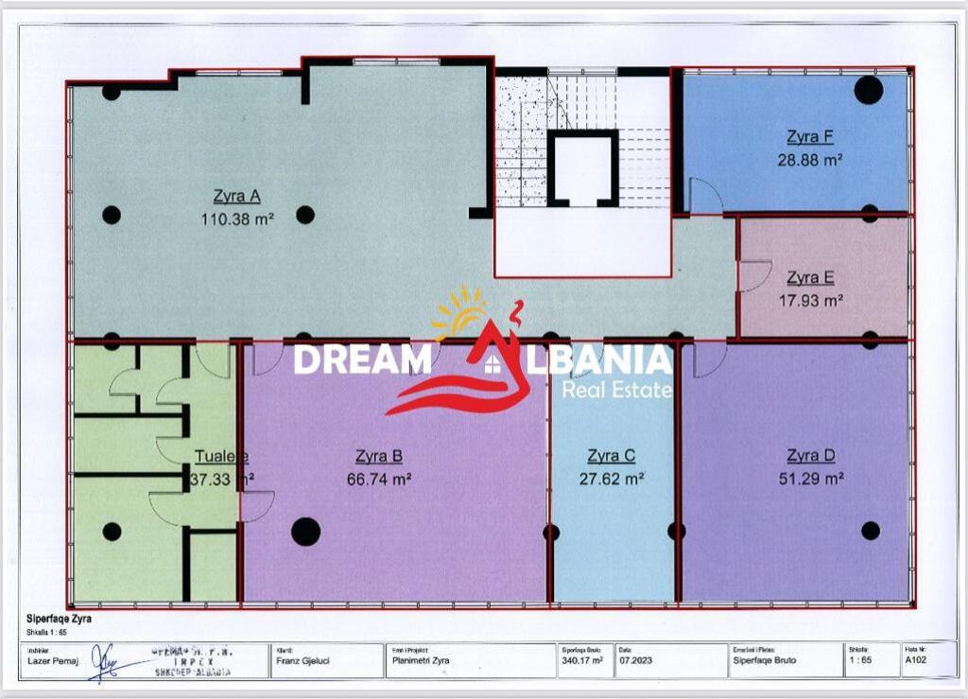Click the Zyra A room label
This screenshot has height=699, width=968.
(x=236, y=197)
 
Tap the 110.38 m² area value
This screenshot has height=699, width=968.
(x=236, y=218)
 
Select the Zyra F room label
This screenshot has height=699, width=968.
(x=809, y=138)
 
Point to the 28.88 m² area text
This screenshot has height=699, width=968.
(x=809, y=160)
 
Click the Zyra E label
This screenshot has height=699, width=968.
(x=810, y=278)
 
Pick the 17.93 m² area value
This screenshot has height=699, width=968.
(x=810, y=301)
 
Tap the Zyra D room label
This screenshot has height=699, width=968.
(x=811, y=456)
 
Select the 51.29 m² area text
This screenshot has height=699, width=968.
(x=811, y=479)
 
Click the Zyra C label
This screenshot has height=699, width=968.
(x=611, y=456)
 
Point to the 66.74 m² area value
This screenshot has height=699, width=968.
(x=378, y=479)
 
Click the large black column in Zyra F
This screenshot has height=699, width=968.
(x=868, y=90)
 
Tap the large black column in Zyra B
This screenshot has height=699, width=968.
(x=305, y=532)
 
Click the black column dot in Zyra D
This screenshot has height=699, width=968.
(x=871, y=531)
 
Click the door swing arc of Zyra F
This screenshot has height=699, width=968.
(x=705, y=197)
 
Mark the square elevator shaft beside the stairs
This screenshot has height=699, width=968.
(x=582, y=168)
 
